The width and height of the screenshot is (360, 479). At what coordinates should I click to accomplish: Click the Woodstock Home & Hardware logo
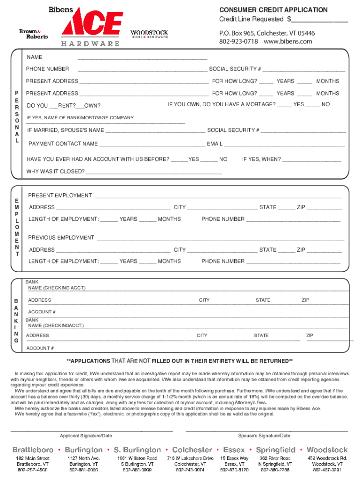(x=149, y=34)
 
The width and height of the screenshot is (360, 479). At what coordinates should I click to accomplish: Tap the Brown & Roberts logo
(x=33, y=34)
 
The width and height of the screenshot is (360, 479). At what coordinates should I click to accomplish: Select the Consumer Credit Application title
(x=273, y=10)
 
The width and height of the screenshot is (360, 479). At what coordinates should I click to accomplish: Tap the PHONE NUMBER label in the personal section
(x=48, y=69)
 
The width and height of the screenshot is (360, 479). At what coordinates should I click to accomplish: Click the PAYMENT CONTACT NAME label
(x=63, y=144)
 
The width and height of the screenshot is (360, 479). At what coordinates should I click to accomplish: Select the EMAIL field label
(x=215, y=144)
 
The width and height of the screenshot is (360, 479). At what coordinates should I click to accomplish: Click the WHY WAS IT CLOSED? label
(x=56, y=172)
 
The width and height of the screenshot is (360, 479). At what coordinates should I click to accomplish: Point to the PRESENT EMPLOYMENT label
(x=60, y=196)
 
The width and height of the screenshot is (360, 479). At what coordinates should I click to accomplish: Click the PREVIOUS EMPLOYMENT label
(x=61, y=238)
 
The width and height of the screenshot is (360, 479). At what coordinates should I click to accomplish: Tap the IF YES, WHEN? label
(x=261, y=160)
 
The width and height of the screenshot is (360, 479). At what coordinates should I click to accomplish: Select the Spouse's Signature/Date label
(x=264, y=436)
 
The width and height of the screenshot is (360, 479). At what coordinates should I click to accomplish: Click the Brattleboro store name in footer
(x=33, y=450)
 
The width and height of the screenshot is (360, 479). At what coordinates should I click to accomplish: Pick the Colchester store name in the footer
(x=189, y=450)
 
